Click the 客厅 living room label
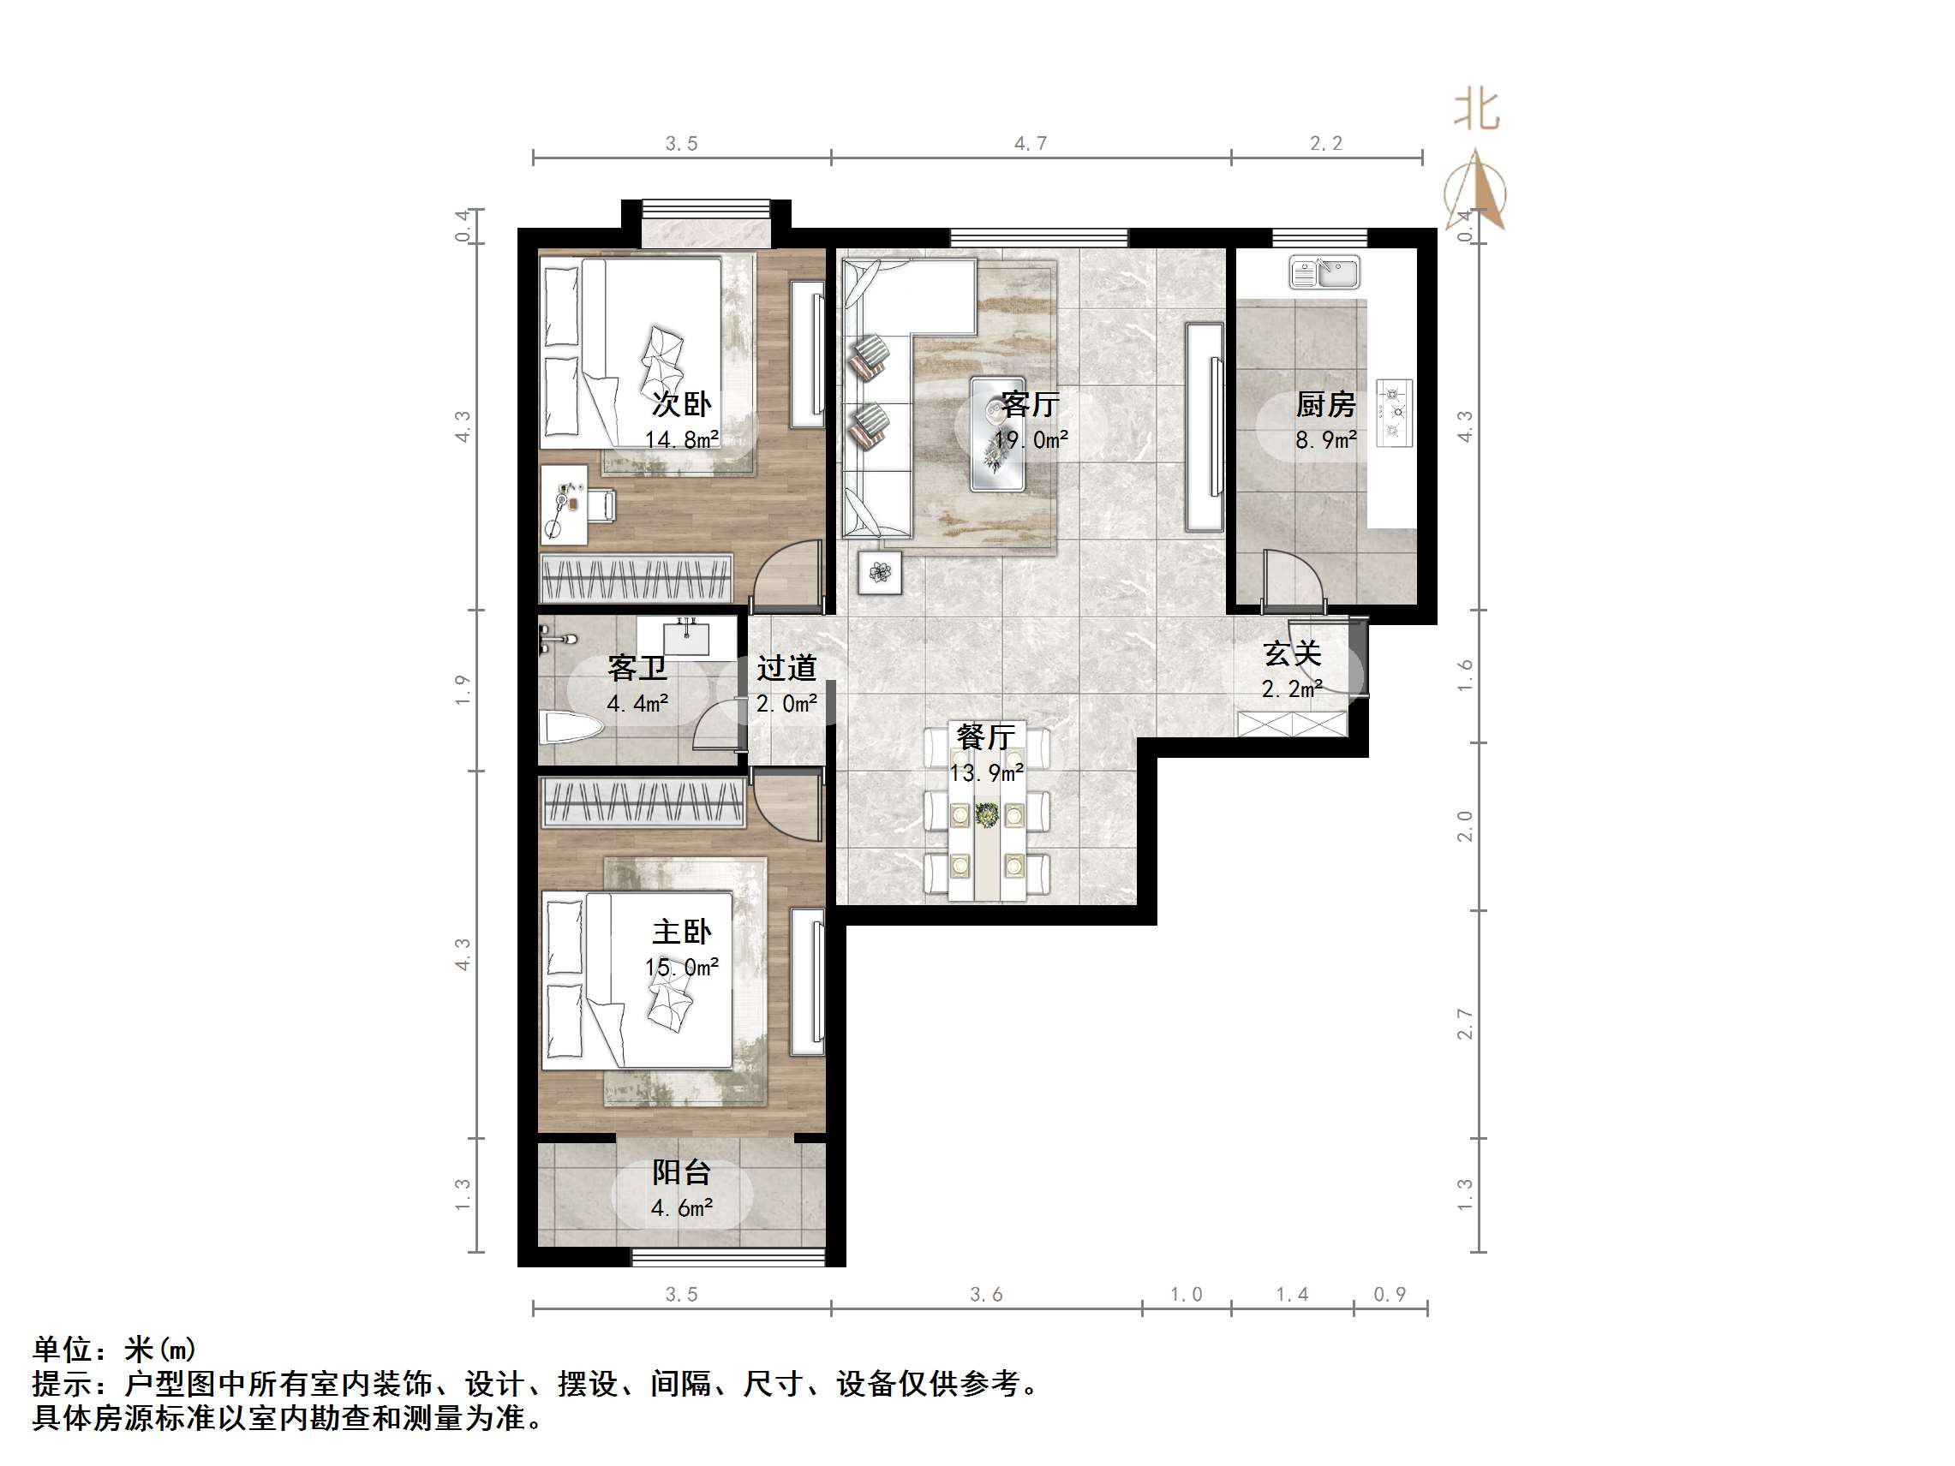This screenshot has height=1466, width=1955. pyautogui.click(x=1030, y=405)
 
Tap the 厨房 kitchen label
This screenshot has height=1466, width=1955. pyautogui.click(x=1324, y=405)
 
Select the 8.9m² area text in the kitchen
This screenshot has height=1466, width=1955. pyautogui.click(x=1324, y=439)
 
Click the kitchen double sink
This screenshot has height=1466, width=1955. pyautogui.click(x=1324, y=272)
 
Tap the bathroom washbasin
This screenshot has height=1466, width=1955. pyautogui.click(x=686, y=636)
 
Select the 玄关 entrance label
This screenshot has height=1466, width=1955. pyautogui.click(x=1291, y=654)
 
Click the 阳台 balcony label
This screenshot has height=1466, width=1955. pyautogui.click(x=681, y=1172)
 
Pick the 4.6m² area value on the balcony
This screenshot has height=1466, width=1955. pyautogui.click(x=681, y=1208)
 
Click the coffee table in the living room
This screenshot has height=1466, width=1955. pyautogui.click(x=998, y=434)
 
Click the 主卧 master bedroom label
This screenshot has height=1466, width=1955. pyautogui.click(x=681, y=932)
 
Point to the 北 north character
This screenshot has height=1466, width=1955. pyautogui.click(x=1476, y=110)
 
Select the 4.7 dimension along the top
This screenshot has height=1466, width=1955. pyautogui.click(x=1031, y=143)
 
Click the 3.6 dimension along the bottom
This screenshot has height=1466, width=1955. pyautogui.click(x=986, y=1295)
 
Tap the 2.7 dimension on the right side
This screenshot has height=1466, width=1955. pyautogui.click(x=1464, y=1023)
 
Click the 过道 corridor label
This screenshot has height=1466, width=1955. pyautogui.click(x=786, y=668)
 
